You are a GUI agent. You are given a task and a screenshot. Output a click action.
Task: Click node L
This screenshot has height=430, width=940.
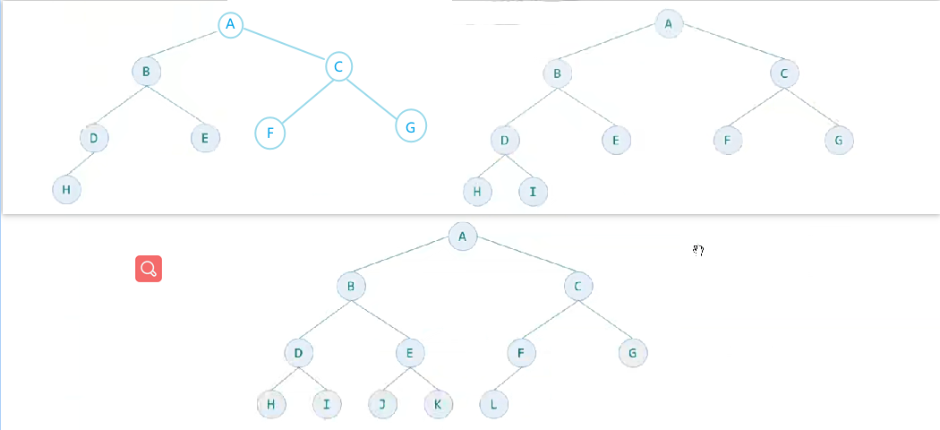coord(493,404)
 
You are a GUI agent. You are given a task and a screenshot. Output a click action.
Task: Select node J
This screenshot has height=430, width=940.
coord(382,404)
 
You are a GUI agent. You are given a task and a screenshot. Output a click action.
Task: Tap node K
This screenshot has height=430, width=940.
coord(438,404)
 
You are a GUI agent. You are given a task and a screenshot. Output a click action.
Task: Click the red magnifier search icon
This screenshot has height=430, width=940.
coord(149,268)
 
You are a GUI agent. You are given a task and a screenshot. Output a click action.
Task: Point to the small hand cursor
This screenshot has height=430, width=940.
coord(697,251)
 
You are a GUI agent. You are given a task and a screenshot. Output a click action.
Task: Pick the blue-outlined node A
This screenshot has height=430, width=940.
coord(230,25)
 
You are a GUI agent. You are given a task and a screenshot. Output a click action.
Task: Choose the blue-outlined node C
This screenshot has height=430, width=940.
coord(338,66)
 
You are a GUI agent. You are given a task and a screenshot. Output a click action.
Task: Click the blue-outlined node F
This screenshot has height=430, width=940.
coord(269,133)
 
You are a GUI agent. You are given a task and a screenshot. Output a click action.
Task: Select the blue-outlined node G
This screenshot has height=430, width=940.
coord(410,126)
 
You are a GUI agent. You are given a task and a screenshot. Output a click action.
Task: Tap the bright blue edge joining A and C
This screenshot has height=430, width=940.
coord(284,46)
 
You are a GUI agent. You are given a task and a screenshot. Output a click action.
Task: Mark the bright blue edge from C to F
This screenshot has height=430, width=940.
coord(303,99)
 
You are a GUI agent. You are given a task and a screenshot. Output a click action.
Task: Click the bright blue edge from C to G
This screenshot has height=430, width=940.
coord(374,97)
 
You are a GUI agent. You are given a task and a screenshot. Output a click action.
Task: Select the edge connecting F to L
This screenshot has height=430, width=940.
coord(508,378)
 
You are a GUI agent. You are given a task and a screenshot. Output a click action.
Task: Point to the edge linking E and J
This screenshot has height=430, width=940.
coord(396,378)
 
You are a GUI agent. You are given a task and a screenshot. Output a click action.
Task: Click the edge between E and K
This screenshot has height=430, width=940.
coord(423,378)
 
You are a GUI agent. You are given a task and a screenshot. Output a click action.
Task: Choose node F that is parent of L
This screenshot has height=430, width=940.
coord(521,353)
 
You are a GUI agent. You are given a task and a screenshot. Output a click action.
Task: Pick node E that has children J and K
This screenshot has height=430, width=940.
coord(409,353)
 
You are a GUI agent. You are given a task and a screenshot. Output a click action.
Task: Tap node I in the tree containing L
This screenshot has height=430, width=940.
coord(327,404)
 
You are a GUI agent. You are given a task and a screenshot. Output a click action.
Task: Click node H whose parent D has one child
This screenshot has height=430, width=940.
coord(65,189)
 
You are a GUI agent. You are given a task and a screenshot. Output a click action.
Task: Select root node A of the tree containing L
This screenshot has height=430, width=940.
coord(463,236)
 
